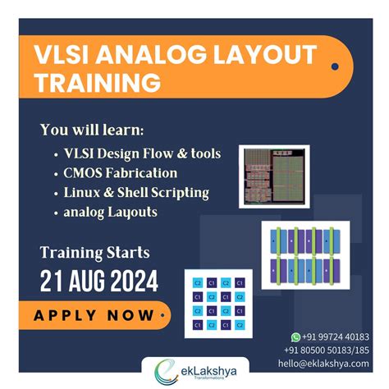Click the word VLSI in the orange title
click(66, 57)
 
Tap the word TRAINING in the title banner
click(98, 83)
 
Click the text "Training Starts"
click(95, 251)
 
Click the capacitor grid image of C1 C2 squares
click(216, 301)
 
